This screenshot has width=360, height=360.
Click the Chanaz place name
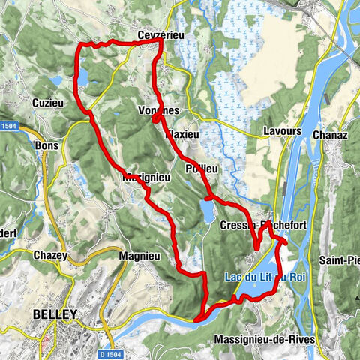click(328, 133)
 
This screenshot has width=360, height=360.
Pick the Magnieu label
click(138, 256)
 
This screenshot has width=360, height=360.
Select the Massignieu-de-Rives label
click(264, 340)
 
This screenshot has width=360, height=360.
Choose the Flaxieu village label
click(181, 135)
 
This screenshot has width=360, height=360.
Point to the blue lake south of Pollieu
click(208, 212)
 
